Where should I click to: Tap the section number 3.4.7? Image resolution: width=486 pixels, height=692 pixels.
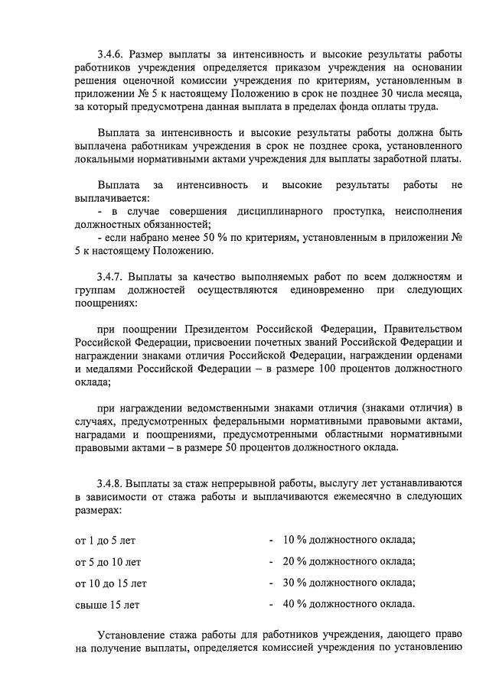coord(111,276)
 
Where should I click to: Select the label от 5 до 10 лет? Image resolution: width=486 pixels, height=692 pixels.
coord(107,562)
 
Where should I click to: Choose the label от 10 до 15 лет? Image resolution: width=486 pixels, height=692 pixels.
coord(110,583)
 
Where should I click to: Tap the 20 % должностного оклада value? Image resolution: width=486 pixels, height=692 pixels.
coord(349,561)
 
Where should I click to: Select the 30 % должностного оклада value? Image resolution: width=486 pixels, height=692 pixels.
coord(349,583)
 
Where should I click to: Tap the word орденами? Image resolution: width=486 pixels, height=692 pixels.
coord(438,356)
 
